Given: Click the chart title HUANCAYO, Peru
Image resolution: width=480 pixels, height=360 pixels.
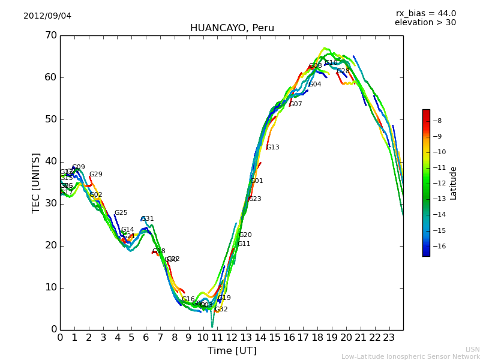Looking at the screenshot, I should pyautogui.click(x=232, y=28).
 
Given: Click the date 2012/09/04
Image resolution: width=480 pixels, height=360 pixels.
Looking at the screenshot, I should pyautogui.click(x=47, y=16).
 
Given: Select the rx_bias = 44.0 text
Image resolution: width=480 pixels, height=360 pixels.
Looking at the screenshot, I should pyautogui.click(x=425, y=13).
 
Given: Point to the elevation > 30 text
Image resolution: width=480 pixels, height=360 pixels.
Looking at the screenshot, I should pyautogui.click(x=425, y=23).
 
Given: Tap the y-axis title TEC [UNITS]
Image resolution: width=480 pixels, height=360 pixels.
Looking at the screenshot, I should pyautogui.click(x=36, y=182).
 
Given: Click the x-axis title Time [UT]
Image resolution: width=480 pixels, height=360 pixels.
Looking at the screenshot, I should pyautogui.click(x=232, y=351).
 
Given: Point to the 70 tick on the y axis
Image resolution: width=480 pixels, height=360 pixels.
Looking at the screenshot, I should pyautogui.click(x=50, y=35).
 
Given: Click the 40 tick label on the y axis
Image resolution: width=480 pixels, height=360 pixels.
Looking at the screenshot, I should pyautogui.click(x=50, y=161).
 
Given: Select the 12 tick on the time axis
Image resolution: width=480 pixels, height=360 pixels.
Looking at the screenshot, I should pyautogui.click(x=232, y=338).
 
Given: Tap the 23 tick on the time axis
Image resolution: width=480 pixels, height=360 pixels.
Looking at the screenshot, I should pyautogui.click(x=389, y=338).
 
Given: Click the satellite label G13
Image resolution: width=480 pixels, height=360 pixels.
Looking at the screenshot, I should pyautogui.click(x=272, y=148).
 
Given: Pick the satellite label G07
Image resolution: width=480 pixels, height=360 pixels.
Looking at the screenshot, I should pyautogui.click(x=296, y=104).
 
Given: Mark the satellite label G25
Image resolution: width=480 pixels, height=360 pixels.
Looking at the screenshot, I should pyautogui.click(x=121, y=213).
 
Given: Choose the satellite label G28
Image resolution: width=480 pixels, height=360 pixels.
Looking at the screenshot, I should pyautogui.click(x=343, y=71).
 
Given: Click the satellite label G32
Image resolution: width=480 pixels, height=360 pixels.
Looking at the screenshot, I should pyautogui.click(x=221, y=310).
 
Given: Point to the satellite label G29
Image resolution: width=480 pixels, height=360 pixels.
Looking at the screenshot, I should pyautogui.click(x=96, y=175).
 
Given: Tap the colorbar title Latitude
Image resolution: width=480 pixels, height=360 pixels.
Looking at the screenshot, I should pyautogui.click(x=454, y=182).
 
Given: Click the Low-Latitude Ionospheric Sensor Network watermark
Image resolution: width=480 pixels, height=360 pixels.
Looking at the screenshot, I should pyautogui.click(x=410, y=356).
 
